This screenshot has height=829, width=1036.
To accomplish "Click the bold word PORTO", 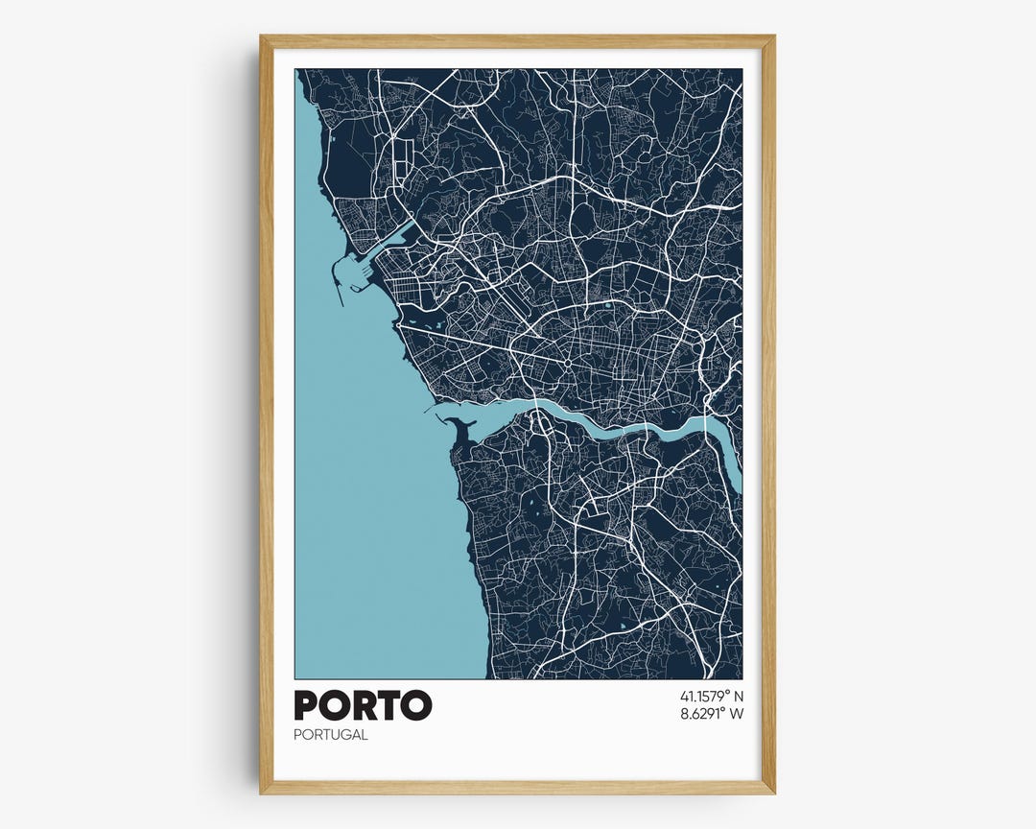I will [x=363, y=705].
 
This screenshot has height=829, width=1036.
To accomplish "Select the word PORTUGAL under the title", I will [x=331, y=735].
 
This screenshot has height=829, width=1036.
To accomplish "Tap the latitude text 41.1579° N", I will [x=711, y=696].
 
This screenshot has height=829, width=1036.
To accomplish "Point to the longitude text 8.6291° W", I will [x=711, y=713].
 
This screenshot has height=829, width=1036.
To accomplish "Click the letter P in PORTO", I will [x=307, y=705].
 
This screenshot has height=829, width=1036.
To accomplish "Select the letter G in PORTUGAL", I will [x=342, y=735].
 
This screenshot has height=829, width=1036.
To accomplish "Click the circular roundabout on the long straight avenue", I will [x=567, y=366].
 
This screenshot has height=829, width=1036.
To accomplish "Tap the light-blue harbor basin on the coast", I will [x=357, y=273].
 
